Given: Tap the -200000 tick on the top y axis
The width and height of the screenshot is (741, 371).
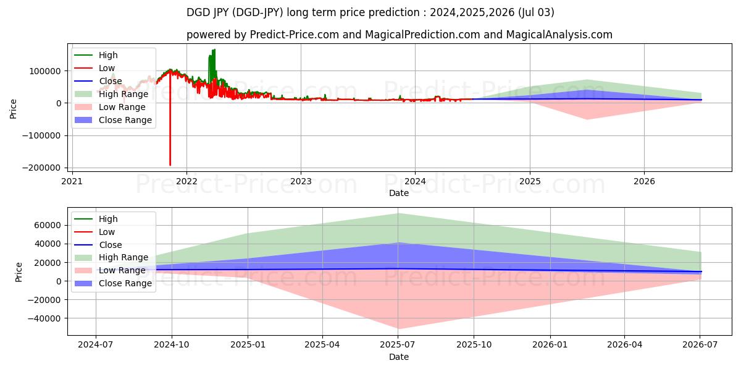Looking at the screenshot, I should (44, 168).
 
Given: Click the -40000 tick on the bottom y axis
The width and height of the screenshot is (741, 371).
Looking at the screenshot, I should (44, 318).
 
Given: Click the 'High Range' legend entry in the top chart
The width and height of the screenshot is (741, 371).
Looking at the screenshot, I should (124, 94).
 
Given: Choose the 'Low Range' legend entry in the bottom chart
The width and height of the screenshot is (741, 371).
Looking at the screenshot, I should (122, 270).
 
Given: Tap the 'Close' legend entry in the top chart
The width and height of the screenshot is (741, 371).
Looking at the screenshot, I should (111, 81).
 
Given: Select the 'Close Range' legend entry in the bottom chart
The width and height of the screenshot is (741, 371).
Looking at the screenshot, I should (125, 283).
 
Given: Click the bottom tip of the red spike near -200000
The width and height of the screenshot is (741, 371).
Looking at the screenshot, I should (170, 165).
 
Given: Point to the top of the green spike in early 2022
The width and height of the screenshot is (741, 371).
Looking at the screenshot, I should (214, 49).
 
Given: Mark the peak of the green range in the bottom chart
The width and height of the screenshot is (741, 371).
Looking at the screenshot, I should (398, 213).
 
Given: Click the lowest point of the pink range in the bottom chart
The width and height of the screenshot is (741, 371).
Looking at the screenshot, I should (398, 328).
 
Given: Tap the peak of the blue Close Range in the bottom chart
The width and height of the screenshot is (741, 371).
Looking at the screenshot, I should (398, 243).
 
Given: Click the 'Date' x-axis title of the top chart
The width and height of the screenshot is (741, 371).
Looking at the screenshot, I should (399, 193).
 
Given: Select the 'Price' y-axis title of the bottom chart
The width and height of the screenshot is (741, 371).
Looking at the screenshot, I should (19, 272).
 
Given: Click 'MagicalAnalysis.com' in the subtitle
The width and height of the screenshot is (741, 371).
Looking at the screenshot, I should (559, 35).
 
